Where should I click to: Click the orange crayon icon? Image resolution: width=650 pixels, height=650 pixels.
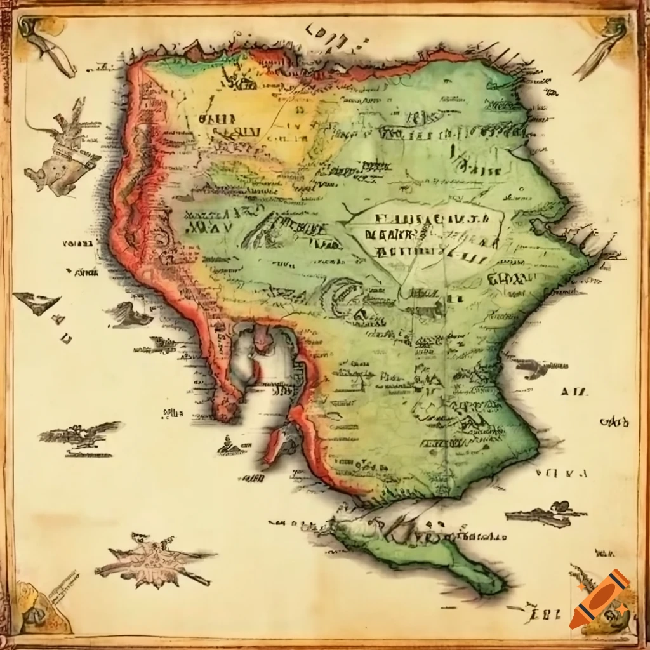(599, 599)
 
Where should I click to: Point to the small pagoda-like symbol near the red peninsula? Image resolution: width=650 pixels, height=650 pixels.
(230, 444)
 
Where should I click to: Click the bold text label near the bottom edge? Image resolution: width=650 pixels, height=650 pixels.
(545, 613)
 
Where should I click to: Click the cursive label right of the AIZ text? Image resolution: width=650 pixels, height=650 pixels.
(614, 421)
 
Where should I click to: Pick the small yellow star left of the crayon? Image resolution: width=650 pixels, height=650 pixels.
(580, 588)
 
